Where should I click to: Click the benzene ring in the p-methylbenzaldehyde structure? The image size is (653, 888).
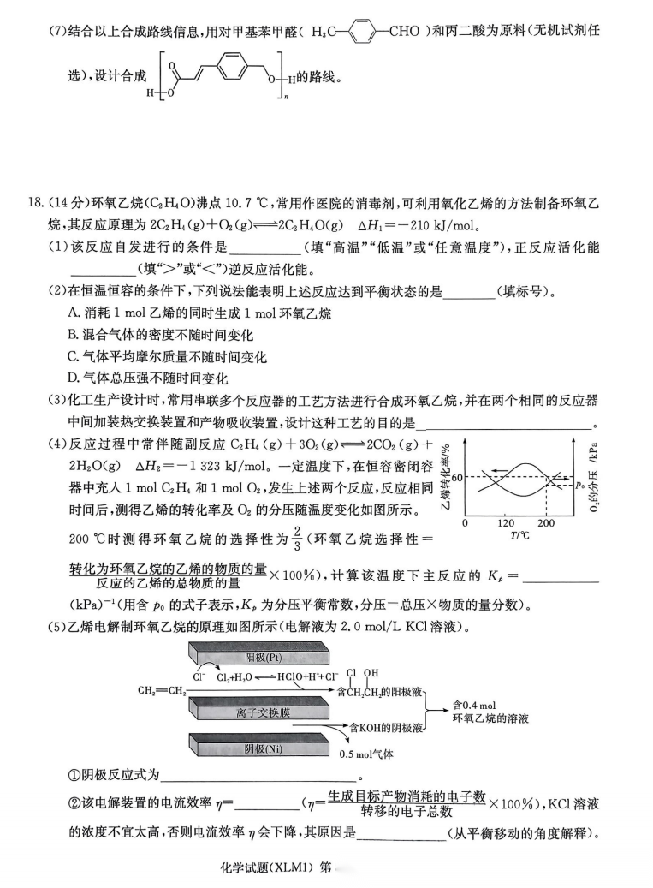pos(364,32)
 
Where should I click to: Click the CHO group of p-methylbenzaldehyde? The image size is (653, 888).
pos(404,32)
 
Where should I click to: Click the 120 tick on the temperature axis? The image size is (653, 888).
pos(506,522)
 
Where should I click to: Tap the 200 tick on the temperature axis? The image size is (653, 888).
pos(545,522)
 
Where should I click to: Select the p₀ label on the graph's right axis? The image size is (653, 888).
pos(580,485)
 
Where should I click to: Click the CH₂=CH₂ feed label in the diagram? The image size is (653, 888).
pos(161,689)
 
